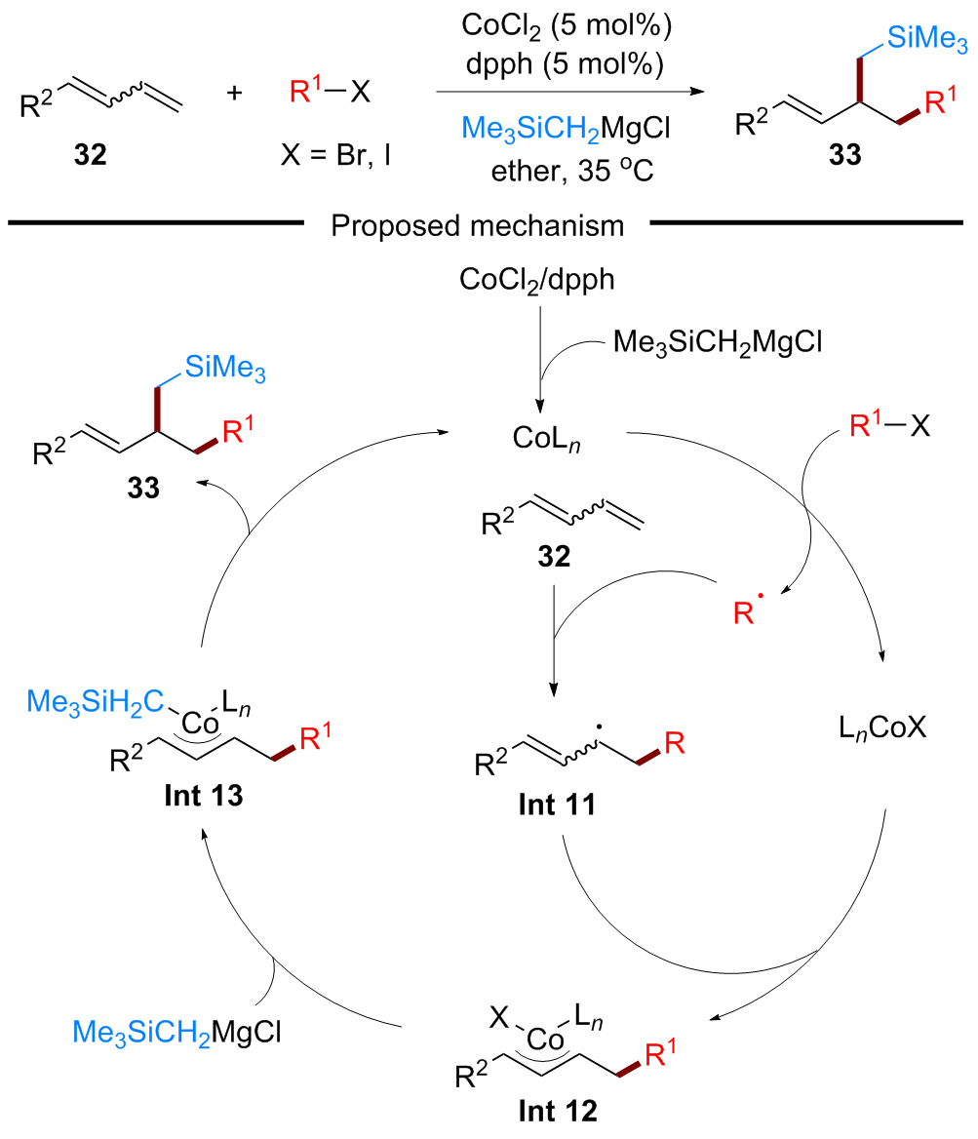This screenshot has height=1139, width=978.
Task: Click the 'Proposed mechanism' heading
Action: pyautogui.click(x=477, y=225)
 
